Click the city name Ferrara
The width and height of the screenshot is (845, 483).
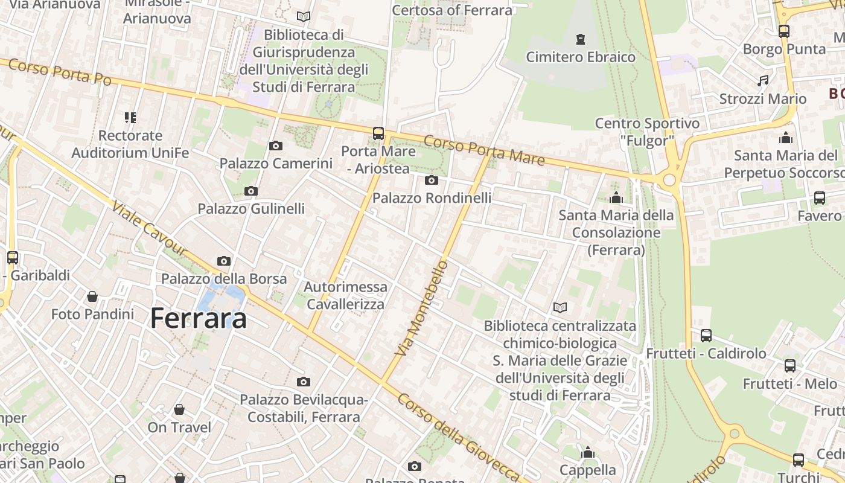[199, 318]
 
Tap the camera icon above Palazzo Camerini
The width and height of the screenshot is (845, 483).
[276, 146]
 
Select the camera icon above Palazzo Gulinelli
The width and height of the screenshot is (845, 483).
[251, 191]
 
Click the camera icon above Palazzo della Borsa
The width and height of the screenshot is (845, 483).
[224, 261]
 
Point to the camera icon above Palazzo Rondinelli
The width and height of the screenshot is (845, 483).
[432, 180]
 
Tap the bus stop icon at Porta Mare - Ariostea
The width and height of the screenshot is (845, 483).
[378, 133]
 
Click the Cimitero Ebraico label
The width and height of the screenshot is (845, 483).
[581, 57]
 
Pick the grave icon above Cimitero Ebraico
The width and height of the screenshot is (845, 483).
[581, 40]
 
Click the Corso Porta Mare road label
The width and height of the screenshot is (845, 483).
[484, 150]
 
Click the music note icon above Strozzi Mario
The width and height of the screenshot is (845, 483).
[763, 81]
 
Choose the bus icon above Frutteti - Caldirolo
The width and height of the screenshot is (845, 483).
[706, 335]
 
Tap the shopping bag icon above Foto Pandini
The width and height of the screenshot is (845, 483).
[92, 296]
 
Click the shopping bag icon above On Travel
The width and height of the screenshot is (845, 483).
[179, 409]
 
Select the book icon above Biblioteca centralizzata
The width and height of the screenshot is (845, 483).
[560, 308]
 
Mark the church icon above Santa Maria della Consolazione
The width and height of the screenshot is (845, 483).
[616, 197]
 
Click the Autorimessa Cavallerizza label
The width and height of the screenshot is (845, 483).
[345, 295]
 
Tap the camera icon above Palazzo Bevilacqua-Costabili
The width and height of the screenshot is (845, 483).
[304, 382]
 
